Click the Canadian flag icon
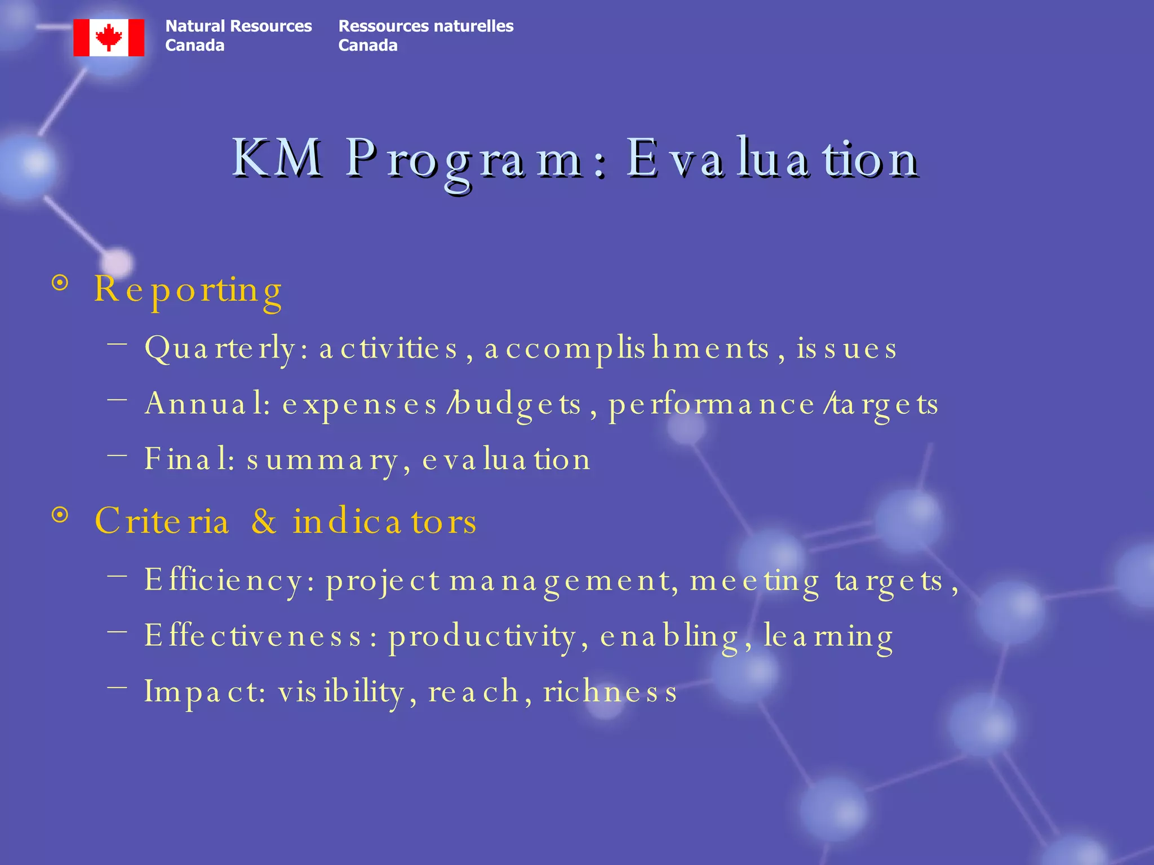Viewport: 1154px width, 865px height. coord(109,38)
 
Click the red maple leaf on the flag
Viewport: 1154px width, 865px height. coord(109,37)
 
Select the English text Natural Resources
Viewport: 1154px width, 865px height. coord(238,26)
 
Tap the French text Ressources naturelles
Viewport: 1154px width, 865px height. coord(425,26)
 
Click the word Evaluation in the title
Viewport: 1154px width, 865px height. coord(773,159)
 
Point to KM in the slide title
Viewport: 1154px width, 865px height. coord(277,159)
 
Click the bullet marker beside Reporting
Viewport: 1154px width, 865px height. coord(60,283)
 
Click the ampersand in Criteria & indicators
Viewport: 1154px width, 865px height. coord(264,521)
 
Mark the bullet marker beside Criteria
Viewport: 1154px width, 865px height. coord(60,515)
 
